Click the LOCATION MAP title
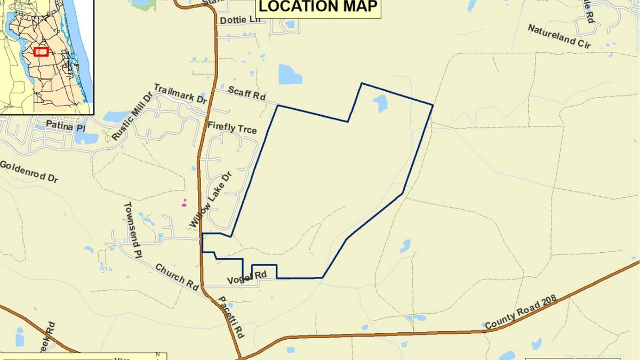318,6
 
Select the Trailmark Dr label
180,93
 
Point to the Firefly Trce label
232,129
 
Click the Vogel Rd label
246,277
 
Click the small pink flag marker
185,202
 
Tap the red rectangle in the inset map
41,52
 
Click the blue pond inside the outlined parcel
380,103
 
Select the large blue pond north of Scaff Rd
290,75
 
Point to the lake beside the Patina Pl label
85,137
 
